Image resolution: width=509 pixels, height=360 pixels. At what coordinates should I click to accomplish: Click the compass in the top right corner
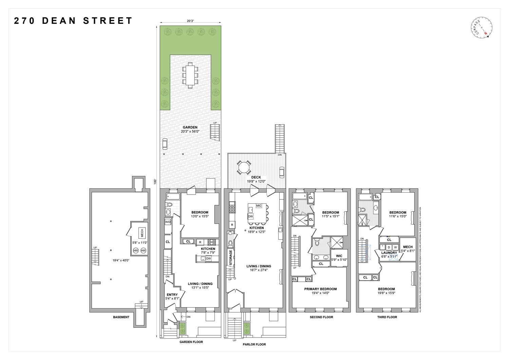tap(482, 27)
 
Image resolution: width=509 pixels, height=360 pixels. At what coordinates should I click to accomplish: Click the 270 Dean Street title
tap(73, 21)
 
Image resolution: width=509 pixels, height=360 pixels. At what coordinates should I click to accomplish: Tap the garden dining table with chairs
tap(190, 75)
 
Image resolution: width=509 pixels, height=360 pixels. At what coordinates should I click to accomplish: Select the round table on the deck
tap(243, 167)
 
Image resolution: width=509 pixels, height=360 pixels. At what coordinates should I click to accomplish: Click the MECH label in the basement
tap(142, 233)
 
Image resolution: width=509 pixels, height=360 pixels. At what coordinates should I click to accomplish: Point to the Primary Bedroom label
tap(320, 289)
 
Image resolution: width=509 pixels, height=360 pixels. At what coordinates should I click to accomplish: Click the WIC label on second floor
tap(339, 256)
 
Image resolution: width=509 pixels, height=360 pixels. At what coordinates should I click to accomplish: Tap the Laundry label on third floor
tap(389, 253)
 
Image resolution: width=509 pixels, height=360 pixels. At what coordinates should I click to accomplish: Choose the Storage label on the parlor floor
tap(231, 257)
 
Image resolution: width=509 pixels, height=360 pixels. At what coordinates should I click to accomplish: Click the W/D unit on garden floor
tap(168, 222)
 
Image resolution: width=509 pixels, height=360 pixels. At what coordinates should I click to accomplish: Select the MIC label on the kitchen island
tap(259, 206)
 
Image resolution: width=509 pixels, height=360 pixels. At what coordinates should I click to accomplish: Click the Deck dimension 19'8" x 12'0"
tap(256, 181)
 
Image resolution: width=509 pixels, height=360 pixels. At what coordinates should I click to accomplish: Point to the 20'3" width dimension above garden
tap(190, 21)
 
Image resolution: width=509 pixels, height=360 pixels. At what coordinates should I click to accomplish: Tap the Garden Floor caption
tap(191, 342)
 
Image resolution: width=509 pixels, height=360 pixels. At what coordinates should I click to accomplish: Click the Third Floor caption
tap(387, 317)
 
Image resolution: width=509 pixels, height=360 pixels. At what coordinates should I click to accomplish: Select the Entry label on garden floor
tap(172, 295)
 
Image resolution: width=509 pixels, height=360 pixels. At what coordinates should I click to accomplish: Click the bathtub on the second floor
tap(299, 196)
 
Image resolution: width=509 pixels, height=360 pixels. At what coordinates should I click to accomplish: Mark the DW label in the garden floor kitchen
tap(208, 259)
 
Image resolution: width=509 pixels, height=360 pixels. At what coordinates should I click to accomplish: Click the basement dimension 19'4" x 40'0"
tap(121, 260)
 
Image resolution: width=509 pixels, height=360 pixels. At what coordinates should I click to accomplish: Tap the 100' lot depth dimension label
tap(155, 182)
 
